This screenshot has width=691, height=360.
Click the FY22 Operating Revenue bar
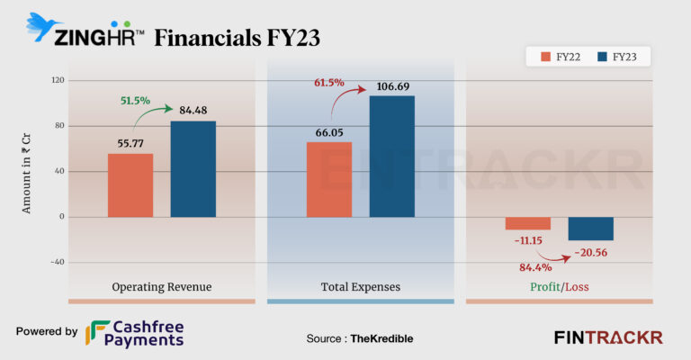click(x=130, y=185)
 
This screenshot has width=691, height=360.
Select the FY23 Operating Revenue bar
click(x=193, y=169)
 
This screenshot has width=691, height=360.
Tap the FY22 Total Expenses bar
click(x=329, y=179)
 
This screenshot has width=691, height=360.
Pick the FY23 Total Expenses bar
click(x=391, y=157)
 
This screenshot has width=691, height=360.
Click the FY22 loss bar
click(x=528, y=223)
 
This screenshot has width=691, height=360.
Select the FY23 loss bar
click(x=590, y=229)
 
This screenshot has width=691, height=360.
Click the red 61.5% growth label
click(x=329, y=83)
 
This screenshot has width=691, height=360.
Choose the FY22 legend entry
click(x=559, y=58)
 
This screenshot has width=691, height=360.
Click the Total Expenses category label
click(x=360, y=287)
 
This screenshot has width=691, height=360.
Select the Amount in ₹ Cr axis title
click(x=27, y=171)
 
